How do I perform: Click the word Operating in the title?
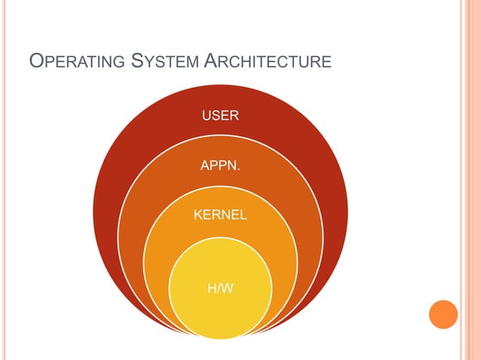click(x=75, y=60)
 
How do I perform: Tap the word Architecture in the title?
click(x=268, y=60)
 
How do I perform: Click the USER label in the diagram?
click(x=220, y=116)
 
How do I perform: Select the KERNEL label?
click(x=220, y=215)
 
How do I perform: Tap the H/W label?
click(x=219, y=288)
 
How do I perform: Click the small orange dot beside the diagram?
click(x=443, y=313)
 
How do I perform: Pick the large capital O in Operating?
click(x=35, y=59)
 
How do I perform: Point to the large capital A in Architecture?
click(x=211, y=59)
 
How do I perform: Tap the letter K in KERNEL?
click(x=198, y=215)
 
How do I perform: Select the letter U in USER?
click(x=205, y=116)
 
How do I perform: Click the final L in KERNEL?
click(x=243, y=215)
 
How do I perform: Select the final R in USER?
click(x=234, y=116)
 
